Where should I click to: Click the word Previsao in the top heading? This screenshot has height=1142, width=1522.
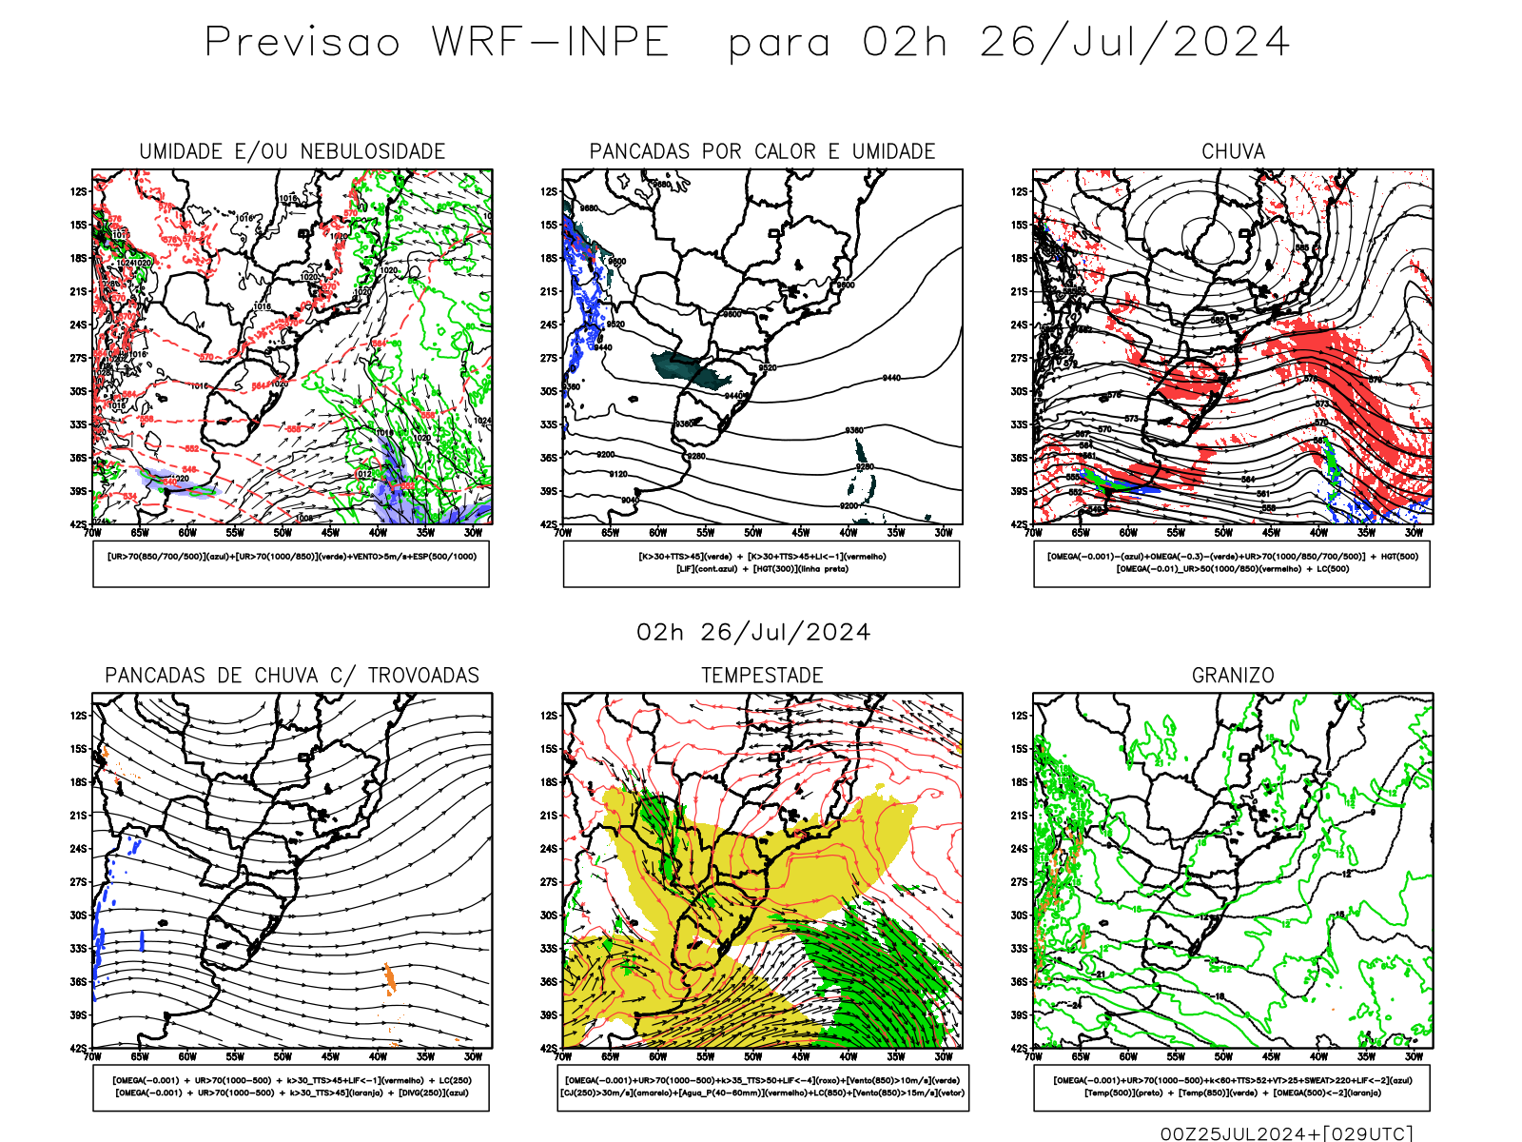(302, 43)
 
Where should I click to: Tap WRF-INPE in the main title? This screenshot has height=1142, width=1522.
(551, 43)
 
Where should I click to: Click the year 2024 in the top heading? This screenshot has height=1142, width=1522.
(1231, 43)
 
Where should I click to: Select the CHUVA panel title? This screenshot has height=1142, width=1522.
(1233, 151)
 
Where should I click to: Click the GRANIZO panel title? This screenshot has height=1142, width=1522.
(1233, 676)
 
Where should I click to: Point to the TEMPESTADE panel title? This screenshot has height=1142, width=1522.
(762, 676)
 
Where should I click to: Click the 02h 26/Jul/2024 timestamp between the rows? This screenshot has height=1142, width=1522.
(753, 633)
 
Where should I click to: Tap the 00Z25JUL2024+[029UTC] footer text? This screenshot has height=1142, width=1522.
(1286, 1133)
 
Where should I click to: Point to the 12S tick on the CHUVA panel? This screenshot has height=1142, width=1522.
(1020, 192)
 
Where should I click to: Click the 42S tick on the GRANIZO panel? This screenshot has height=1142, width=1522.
(1020, 1048)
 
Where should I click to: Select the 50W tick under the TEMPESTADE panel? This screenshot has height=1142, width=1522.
(753, 1056)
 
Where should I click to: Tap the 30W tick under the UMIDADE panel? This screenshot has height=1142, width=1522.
(473, 533)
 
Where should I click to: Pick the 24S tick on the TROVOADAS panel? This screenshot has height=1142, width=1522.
(78, 849)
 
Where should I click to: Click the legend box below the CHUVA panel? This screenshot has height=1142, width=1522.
(1232, 563)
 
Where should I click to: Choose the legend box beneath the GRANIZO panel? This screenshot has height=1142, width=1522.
(1232, 1087)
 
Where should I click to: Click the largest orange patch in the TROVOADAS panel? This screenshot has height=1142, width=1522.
(389, 977)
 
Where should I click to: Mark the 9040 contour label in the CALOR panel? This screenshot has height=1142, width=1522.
(630, 501)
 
